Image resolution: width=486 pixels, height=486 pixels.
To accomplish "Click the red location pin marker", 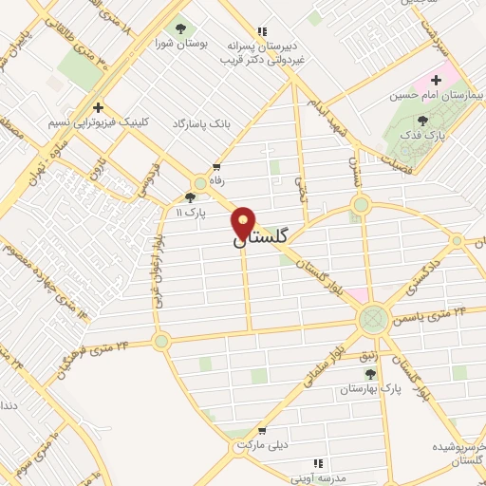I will coord(244,223).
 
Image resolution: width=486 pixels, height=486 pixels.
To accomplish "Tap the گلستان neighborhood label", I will coord(258,243).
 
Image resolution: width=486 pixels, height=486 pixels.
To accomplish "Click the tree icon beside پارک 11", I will coord(190,198).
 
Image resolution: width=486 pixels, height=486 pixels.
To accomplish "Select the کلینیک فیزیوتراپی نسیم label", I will coord(96,122).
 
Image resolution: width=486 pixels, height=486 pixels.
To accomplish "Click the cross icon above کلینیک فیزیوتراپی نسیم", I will coord(97,106).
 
